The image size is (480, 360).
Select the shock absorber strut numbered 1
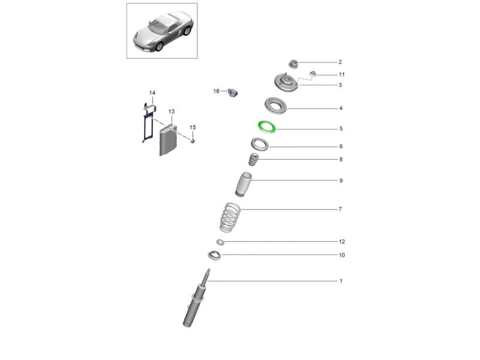point(196,301)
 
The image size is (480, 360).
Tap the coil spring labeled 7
point(230,217)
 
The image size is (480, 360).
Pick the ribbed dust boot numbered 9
point(244,185)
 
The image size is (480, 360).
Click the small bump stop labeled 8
point(253,160)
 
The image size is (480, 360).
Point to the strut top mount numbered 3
point(286,83)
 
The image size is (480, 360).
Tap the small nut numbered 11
point(313,73)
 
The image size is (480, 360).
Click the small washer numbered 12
point(220,242)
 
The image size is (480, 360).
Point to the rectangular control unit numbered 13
point(169,140)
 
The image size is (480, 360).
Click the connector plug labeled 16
point(233,92)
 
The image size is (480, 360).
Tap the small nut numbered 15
point(193,141)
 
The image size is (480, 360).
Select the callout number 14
point(152,93)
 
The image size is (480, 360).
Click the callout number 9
point(341,181)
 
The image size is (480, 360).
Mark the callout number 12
point(342,242)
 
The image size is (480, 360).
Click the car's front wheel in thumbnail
point(160,47)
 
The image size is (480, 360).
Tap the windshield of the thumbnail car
point(160,25)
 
